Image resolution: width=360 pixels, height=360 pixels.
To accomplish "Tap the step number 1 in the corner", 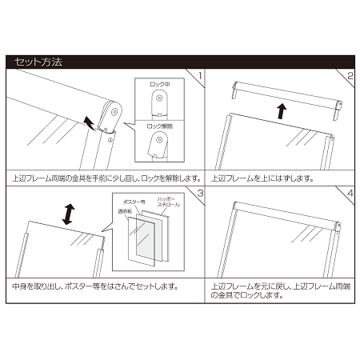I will pyautogui.click(x=199, y=76).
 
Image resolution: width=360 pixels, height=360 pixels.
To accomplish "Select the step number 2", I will pyautogui.click(x=350, y=76).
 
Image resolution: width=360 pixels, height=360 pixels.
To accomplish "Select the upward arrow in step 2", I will pyautogui.click(x=280, y=112).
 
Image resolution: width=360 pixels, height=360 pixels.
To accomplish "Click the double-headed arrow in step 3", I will pyautogui.click(x=69, y=214).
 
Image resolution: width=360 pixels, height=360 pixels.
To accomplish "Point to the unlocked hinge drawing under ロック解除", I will pyautogui.click(x=161, y=146).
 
